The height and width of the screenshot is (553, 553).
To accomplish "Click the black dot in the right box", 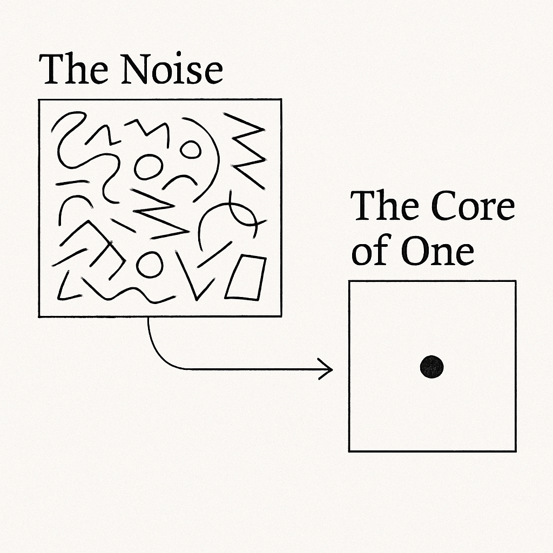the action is [x=431, y=367].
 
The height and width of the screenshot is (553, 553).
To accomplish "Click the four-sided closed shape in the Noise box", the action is [x=246, y=278].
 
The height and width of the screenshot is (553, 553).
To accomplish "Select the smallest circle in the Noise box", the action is [x=190, y=150].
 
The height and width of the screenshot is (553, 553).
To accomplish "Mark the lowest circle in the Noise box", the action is [x=149, y=264].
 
